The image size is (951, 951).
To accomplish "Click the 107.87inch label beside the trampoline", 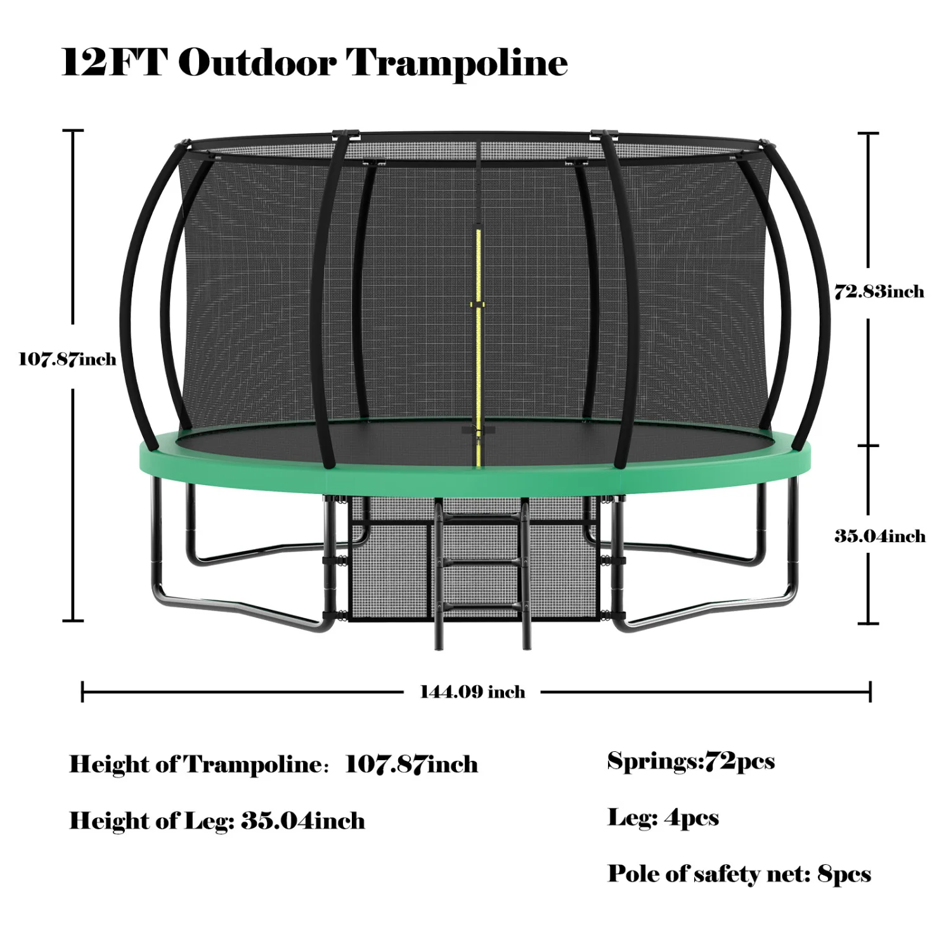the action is (67, 359).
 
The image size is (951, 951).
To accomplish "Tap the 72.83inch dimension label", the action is (879, 292).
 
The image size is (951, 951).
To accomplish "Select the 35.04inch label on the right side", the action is (879, 536).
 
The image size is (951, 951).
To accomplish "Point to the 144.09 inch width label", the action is (472, 692).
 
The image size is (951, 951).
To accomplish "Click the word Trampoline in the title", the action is (456, 63).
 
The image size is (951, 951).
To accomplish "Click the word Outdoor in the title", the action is (257, 63).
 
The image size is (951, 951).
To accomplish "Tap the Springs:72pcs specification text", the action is (690, 761).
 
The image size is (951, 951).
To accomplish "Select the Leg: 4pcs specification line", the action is (663, 818).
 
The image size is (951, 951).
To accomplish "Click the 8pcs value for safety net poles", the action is (844, 874).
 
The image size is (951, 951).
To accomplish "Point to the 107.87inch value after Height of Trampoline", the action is (411, 765).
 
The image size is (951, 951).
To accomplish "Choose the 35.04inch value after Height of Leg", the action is (302, 821).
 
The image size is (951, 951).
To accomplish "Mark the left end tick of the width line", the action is (83, 692).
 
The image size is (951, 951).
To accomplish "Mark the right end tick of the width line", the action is (870, 692).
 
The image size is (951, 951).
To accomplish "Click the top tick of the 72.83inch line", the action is (869, 134).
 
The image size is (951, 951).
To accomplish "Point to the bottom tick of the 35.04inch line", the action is (869, 623).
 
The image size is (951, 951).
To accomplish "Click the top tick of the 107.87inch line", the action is (73, 131).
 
